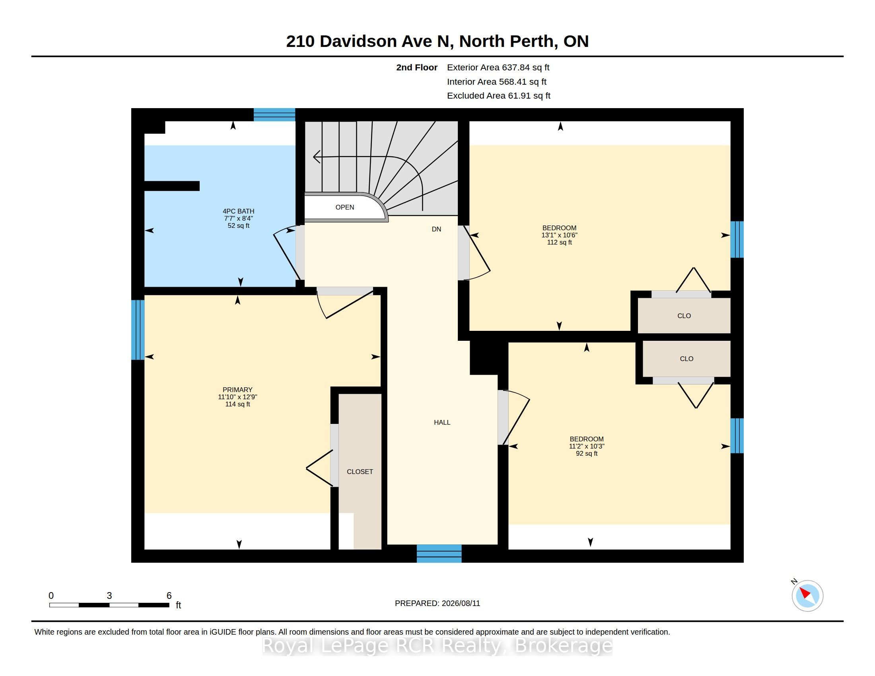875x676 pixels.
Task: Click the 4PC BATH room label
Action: click(x=238, y=211)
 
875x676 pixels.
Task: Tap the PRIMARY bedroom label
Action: click(x=237, y=390)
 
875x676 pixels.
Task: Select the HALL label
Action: click(x=442, y=422)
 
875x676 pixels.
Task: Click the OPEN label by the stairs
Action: click(x=344, y=207)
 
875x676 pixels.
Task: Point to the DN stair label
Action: click(x=436, y=229)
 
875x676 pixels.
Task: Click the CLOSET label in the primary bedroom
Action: click(x=360, y=472)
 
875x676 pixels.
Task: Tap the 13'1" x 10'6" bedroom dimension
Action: click(x=559, y=235)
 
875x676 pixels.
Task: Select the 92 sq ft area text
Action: click(x=587, y=454)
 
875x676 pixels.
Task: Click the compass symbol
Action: click(x=807, y=596)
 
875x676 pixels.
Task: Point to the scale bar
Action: click(x=109, y=605)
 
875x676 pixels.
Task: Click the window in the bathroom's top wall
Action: click(x=274, y=115)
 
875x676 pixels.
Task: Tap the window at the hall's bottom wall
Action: click(x=439, y=554)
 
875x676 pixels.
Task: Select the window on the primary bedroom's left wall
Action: click(x=138, y=330)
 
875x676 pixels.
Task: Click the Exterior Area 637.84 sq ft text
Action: click(x=498, y=68)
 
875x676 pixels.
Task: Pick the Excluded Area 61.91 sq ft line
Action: click(x=498, y=96)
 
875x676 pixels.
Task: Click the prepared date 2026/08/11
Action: click(x=461, y=603)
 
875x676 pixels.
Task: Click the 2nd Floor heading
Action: click(x=417, y=68)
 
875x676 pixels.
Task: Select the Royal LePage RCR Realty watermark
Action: click(x=437, y=645)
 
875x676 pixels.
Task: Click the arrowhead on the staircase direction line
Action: click(x=316, y=157)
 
